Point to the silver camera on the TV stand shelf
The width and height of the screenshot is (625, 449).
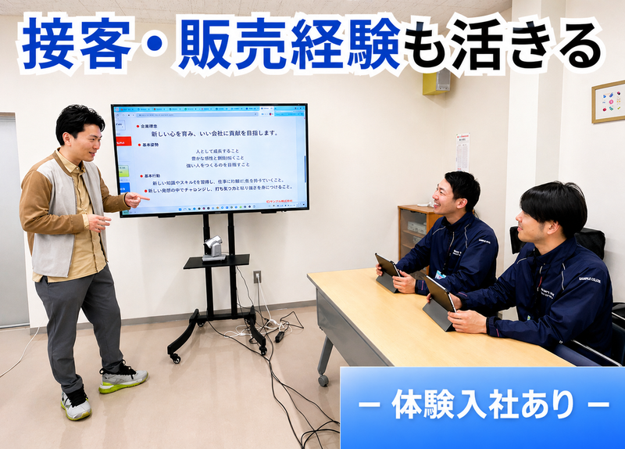(213, 249)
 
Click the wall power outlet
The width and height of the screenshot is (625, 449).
(257, 276)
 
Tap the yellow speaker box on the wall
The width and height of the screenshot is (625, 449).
(436, 81)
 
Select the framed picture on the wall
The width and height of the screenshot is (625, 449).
(608, 102)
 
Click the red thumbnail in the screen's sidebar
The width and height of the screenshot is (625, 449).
(123, 142)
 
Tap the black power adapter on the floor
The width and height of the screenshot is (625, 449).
(279, 336)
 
